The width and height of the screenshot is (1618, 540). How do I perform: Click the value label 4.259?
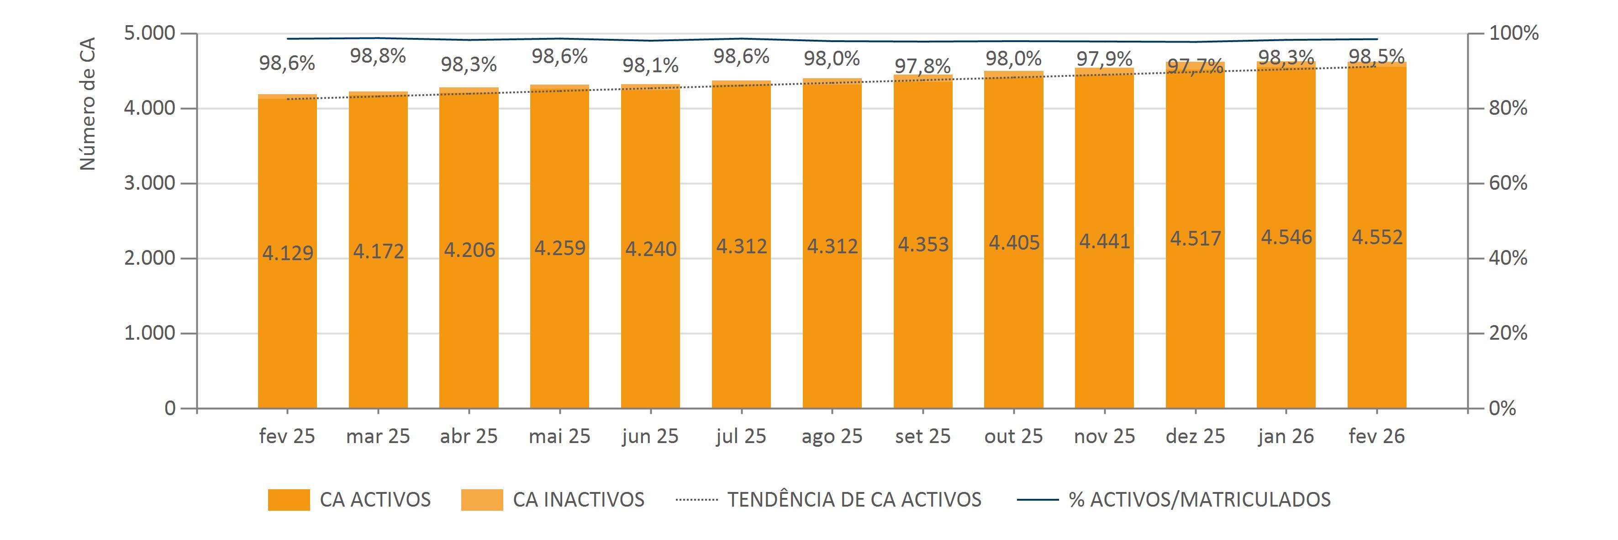(x=559, y=248)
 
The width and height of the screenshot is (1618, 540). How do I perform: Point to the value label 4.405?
(x=1014, y=242)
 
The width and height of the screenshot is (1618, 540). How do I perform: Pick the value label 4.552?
(x=1377, y=237)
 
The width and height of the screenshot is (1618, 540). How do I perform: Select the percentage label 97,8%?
(x=922, y=66)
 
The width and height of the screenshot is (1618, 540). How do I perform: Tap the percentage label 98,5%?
(x=1377, y=57)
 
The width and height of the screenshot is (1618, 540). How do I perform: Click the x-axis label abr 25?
(x=469, y=436)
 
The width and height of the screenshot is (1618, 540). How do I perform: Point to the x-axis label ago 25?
(x=832, y=436)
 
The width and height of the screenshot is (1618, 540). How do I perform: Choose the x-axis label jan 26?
(x=1286, y=436)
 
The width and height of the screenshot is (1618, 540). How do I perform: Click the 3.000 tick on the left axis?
(x=148, y=183)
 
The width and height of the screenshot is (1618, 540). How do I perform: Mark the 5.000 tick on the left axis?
(x=148, y=33)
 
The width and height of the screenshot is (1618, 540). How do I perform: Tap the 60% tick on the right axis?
(x=1507, y=183)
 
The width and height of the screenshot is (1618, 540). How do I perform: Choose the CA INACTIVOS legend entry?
(x=553, y=500)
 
